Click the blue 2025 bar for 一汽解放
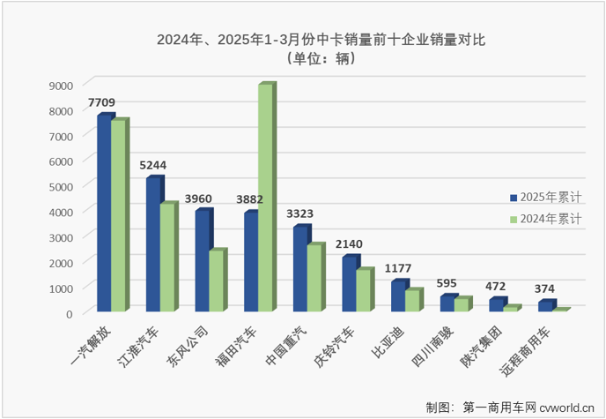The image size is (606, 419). tap(104, 213)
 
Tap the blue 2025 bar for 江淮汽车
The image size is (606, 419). tap(153, 244)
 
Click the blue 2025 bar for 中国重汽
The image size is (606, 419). tap(300, 269)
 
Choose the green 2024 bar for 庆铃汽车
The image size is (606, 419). tap(363, 290)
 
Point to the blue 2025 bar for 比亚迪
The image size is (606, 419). tap(398, 296)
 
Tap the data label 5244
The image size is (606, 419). tap(151, 165)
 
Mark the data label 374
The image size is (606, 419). tap(547, 288)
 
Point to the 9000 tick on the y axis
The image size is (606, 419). tap(60, 86)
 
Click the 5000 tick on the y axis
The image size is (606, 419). tap(60, 187)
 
